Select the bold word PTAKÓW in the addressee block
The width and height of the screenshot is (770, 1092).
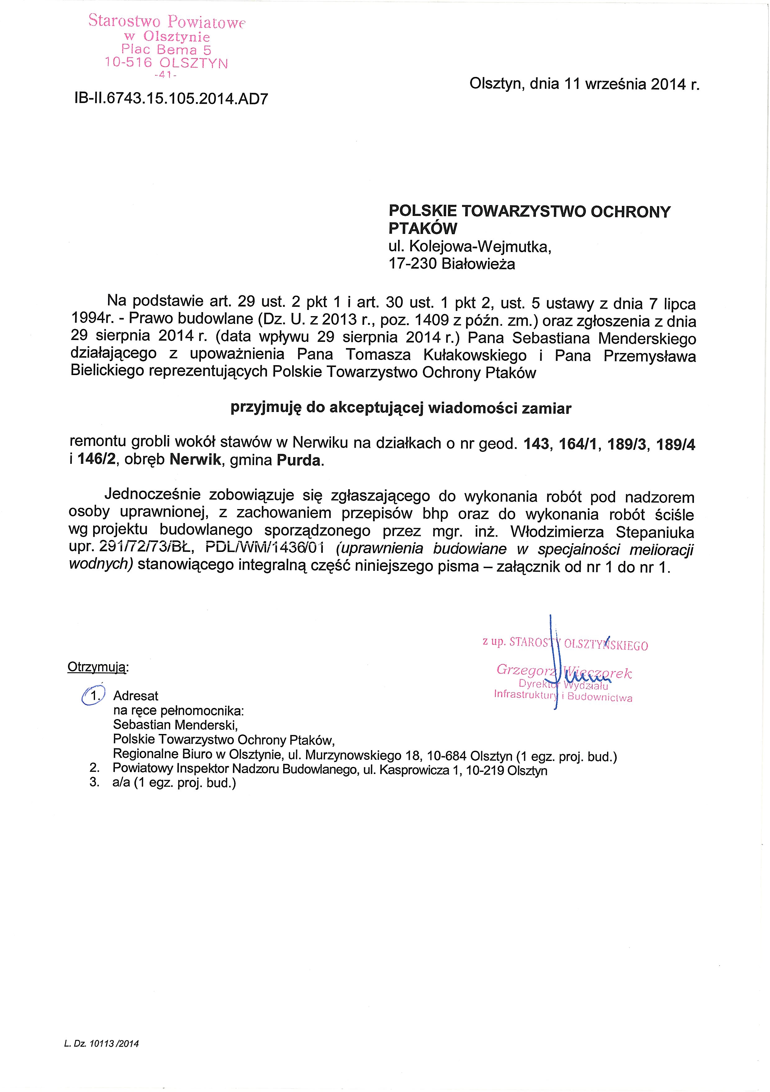coord(423,228)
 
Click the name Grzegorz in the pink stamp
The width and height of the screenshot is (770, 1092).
coord(523,670)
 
